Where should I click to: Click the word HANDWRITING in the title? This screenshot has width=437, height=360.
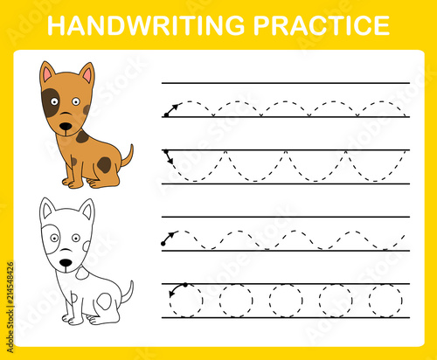[x=146, y=25]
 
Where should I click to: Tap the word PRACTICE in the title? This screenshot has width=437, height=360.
[x=322, y=25]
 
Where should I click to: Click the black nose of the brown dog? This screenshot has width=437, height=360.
[x=66, y=127]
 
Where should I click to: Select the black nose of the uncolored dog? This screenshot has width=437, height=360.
[x=66, y=263]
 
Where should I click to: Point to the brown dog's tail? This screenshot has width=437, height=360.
[x=128, y=156]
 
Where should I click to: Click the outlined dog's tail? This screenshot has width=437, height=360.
[x=128, y=292]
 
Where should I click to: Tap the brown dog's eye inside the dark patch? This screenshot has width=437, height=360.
[x=54, y=101]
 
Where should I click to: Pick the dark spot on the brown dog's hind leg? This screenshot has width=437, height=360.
[x=104, y=165]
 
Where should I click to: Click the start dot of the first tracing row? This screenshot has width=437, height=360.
[x=166, y=115]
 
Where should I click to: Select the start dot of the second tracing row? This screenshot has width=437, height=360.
[x=166, y=151]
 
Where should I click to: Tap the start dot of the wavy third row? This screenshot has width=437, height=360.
[x=163, y=244]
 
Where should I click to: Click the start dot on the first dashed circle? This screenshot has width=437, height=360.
[x=185, y=285]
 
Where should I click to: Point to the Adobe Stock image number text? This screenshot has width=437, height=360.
[x=10, y=308]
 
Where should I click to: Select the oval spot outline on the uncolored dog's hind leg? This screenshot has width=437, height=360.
[x=104, y=301]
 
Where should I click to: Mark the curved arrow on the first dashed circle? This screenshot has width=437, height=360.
[x=175, y=288]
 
